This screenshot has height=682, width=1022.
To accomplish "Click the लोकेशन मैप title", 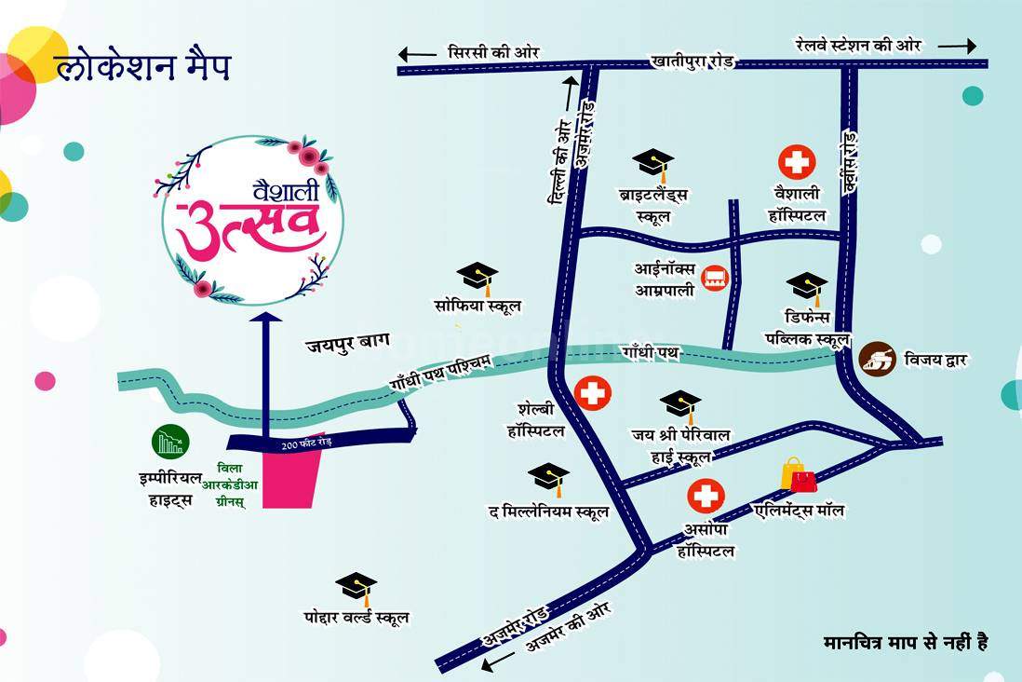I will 141,69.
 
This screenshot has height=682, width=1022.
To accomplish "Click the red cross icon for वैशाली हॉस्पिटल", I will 797,162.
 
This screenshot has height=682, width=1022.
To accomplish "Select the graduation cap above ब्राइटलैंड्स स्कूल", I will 652,164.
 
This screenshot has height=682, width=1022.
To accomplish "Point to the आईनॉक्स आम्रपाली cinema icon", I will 715,278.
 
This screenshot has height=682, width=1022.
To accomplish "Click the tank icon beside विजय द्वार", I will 877,358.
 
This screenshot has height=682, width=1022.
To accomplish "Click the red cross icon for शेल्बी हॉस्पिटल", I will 592,393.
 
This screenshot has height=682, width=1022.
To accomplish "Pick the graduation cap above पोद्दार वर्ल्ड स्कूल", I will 356,587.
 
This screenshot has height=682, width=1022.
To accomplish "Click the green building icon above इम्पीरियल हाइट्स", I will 171,441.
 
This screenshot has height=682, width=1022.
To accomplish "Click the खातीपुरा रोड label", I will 693,61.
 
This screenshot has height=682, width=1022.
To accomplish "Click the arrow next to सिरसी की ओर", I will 418,53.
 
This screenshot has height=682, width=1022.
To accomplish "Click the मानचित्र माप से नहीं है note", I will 905,642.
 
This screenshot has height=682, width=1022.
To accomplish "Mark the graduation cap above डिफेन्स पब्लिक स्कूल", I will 807,285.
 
